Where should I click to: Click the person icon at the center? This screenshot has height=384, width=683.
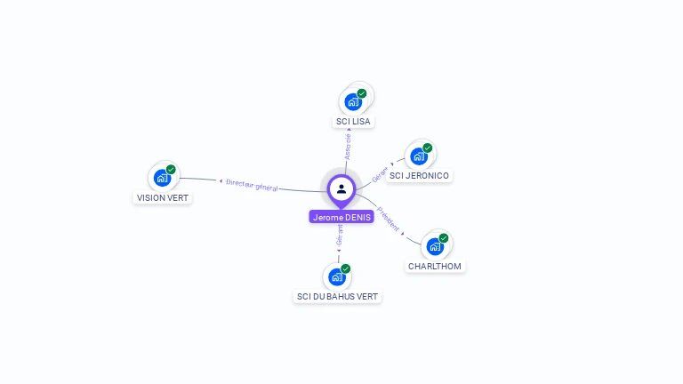(341, 188)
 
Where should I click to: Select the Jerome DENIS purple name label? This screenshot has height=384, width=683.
(341, 217)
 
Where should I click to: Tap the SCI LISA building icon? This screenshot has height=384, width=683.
(353, 101)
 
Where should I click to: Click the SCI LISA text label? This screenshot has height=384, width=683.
(353, 121)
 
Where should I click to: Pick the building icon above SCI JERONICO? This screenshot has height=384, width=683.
(419, 156)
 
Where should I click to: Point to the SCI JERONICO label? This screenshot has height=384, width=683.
(420, 175)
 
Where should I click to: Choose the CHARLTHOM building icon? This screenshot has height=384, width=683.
(435, 246)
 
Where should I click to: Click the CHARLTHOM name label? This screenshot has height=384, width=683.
(436, 266)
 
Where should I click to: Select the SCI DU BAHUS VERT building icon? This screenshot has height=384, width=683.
(337, 276)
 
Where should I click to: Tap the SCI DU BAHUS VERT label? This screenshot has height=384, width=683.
(337, 296)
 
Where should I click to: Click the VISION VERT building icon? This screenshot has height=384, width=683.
(162, 178)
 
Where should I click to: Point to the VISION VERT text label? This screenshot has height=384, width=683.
(163, 197)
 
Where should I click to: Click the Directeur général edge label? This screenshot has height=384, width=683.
(252, 185)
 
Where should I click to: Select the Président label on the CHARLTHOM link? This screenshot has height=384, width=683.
(390, 219)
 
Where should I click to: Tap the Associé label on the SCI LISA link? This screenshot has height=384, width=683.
(348, 146)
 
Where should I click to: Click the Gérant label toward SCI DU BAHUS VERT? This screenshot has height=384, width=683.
(339, 236)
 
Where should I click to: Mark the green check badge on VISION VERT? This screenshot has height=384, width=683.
(171, 170)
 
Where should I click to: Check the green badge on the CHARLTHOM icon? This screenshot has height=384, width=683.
(444, 238)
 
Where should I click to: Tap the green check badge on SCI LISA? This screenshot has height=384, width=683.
(362, 93)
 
